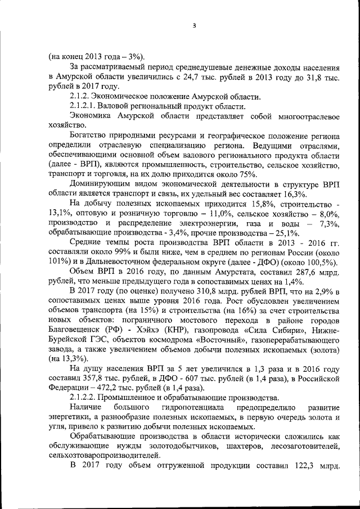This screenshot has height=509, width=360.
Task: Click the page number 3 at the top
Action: pyautogui.click(x=193, y=25)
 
